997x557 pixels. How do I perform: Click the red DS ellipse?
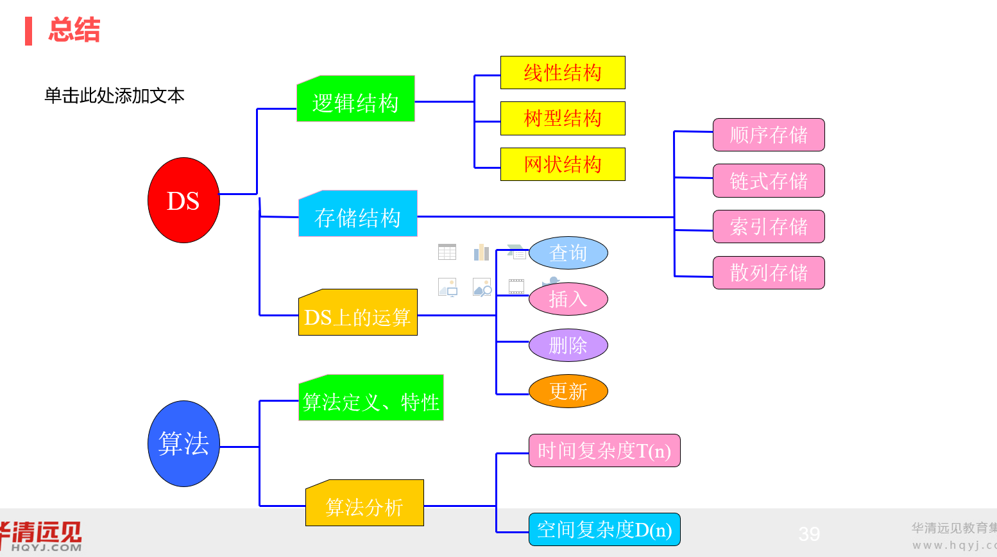[x=183, y=200]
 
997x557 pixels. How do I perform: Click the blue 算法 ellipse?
[x=183, y=443]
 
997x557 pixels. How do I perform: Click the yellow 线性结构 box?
[x=563, y=73]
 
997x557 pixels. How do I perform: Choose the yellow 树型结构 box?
[x=563, y=118]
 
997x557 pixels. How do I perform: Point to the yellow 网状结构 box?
[x=563, y=164]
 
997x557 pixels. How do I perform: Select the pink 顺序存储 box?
[x=769, y=135]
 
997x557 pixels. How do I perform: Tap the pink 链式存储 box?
[x=769, y=181]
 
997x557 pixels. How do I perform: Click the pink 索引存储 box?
[x=769, y=227]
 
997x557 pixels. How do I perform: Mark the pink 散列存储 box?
[x=769, y=273]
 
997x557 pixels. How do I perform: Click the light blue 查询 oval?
[x=568, y=253]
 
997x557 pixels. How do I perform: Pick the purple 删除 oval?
[x=568, y=345]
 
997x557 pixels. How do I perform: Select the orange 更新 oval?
[x=568, y=391]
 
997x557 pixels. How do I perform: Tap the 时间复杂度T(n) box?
[x=604, y=450]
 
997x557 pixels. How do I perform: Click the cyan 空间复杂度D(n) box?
[x=604, y=529]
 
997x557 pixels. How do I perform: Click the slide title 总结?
[x=74, y=30]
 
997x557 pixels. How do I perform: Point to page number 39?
[x=809, y=533]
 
